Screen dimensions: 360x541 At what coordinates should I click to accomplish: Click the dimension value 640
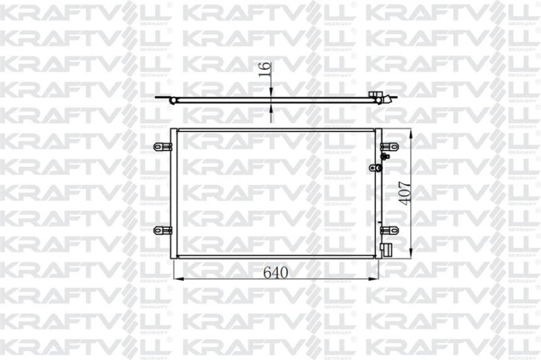pyautogui.click(x=276, y=273)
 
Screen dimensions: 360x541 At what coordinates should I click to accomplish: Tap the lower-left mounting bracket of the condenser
pyautogui.click(x=163, y=230)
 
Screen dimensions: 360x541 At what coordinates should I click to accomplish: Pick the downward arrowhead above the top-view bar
pyautogui.click(x=271, y=94)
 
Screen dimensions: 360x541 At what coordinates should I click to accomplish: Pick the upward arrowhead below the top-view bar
pyautogui.click(x=271, y=109)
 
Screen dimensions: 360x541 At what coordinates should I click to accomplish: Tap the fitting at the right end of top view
pyautogui.click(x=380, y=98)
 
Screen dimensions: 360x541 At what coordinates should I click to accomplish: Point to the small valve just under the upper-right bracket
pyautogui.click(x=385, y=156)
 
